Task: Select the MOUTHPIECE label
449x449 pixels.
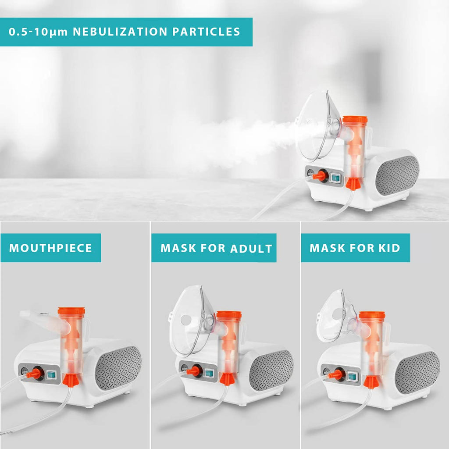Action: pyautogui.click(x=51, y=248)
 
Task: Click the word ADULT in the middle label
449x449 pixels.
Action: pyautogui.click(x=251, y=248)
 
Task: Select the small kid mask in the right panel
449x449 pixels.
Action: pyautogui.click(x=332, y=316)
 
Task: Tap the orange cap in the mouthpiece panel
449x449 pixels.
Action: pyautogui.click(x=71, y=311)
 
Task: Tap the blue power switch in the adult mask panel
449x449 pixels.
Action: pyautogui.click(x=209, y=373)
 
